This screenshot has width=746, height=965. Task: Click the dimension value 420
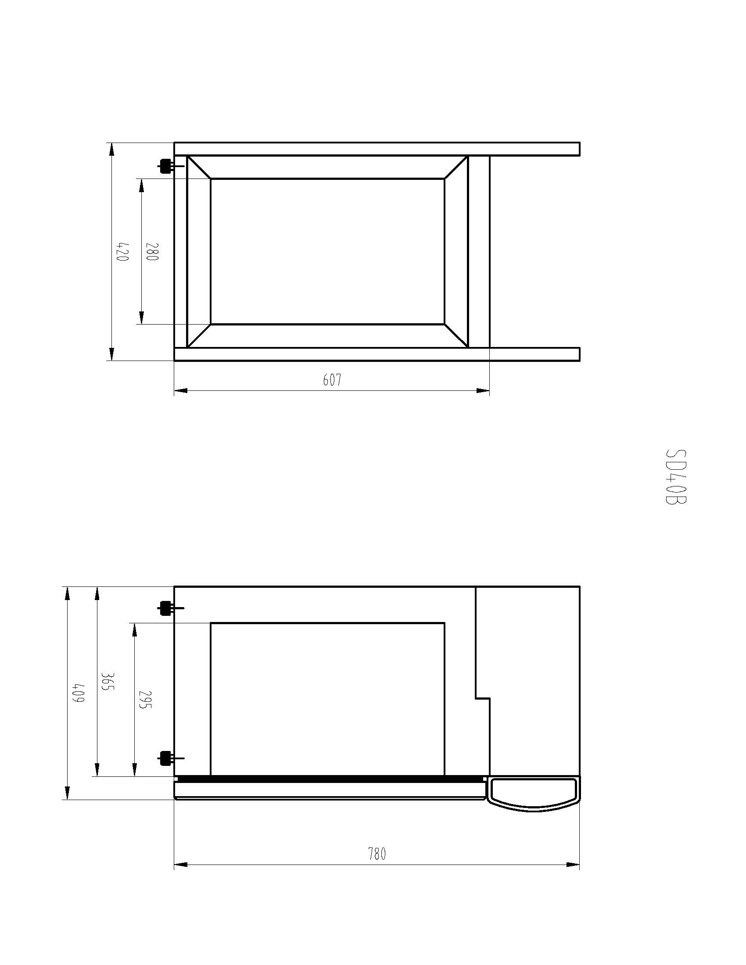[x=122, y=251]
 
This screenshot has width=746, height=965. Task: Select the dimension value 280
[x=151, y=251]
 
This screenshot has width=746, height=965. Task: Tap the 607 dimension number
[x=332, y=379]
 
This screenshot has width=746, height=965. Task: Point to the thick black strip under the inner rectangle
[x=329, y=779]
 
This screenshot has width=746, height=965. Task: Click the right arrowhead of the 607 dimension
[x=484, y=390]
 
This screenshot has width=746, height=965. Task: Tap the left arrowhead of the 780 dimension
[x=180, y=864]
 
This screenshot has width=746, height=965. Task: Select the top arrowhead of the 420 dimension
[x=111, y=150]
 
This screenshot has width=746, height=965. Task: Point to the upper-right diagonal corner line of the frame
[x=456, y=168]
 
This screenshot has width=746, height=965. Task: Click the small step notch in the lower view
[x=483, y=698]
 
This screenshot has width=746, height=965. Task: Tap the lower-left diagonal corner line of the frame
[x=198, y=336]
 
